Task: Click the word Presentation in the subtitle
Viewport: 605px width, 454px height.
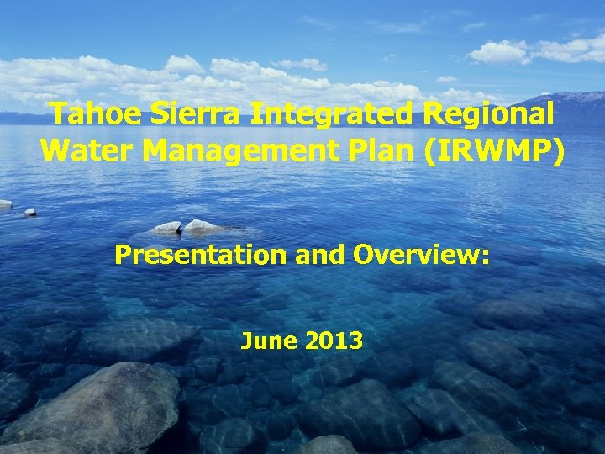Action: point(201,255)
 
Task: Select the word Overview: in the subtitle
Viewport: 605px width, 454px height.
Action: point(421,255)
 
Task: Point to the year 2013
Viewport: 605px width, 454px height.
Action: point(334,340)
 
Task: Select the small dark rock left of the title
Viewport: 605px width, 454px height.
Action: point(30,213)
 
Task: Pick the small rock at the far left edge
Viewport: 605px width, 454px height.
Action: point(5,204)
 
